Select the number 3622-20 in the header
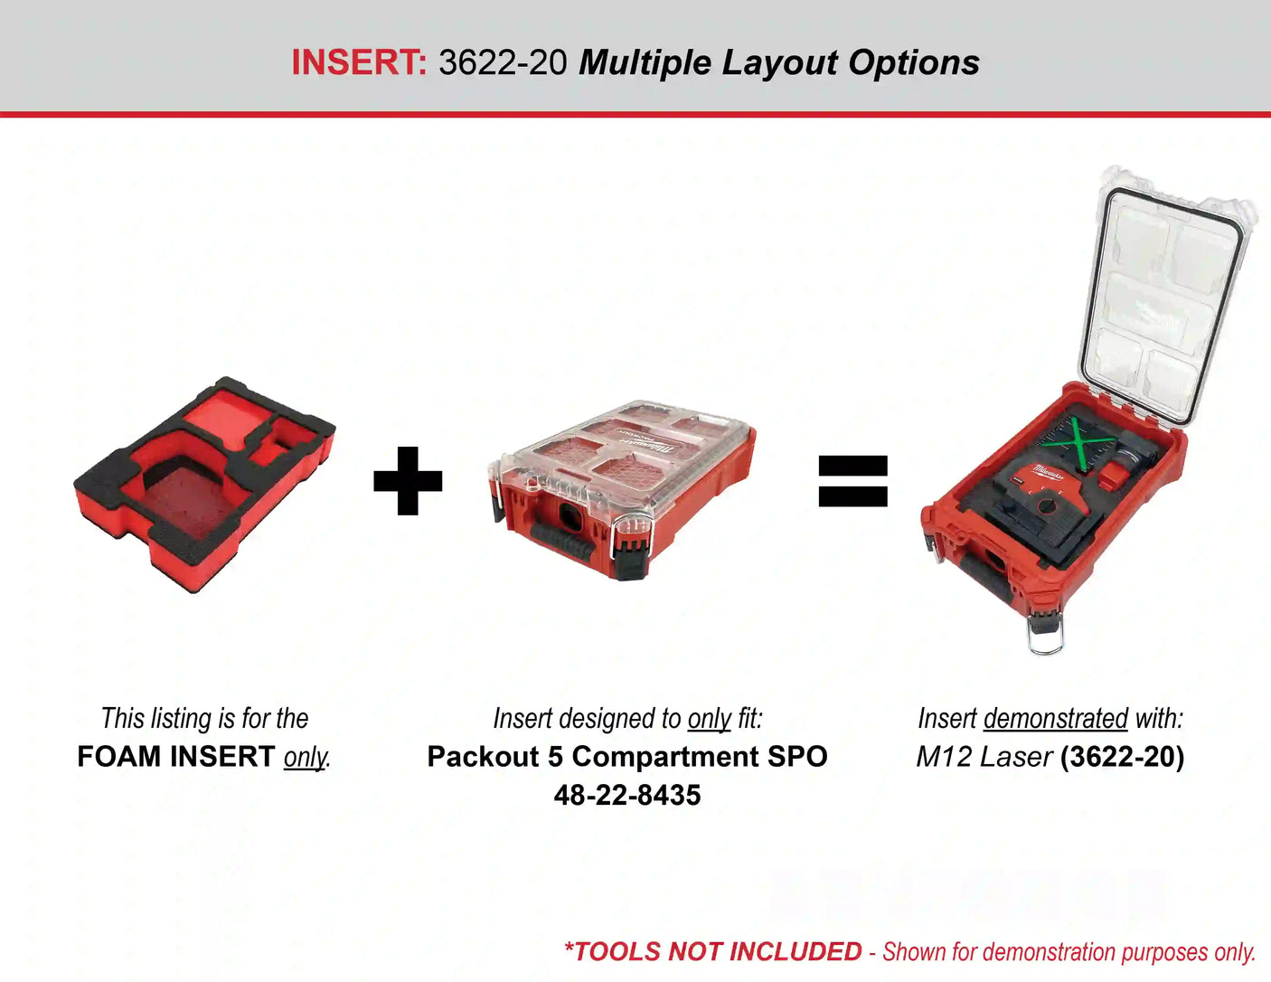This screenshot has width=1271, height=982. [503, 62]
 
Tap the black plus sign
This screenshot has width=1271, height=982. [408, 481]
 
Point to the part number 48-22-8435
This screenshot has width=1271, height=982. [627, 796]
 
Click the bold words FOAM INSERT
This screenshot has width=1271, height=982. [176, 756]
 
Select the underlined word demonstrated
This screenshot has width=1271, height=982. [1056, 718]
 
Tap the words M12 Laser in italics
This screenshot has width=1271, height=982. [984, 757]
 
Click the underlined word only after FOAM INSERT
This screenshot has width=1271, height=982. [305, 758]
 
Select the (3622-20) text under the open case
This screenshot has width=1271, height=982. [1122, 757]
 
